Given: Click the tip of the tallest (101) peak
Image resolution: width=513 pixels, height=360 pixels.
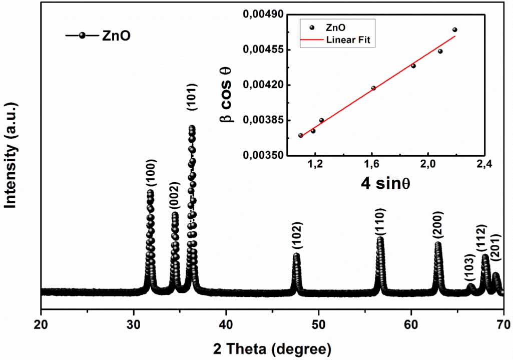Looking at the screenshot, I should (x=191, y=128).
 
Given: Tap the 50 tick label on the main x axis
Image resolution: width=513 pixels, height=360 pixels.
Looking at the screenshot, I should (x=319, y=324).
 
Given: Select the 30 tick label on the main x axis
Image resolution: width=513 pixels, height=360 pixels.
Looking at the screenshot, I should (x=134, y=324).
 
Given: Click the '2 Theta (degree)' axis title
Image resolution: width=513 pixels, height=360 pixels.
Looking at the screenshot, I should (x=272, y=347).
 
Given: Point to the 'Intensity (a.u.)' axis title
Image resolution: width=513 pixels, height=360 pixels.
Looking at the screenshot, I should (x=11, y=156).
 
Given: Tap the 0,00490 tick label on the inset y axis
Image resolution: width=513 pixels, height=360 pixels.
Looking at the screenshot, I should (x=263, y=15).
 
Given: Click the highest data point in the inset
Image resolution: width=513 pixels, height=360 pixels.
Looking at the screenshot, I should (x=454, y=30).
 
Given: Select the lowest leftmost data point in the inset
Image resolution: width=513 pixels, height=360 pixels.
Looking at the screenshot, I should (x=301, y=135).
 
